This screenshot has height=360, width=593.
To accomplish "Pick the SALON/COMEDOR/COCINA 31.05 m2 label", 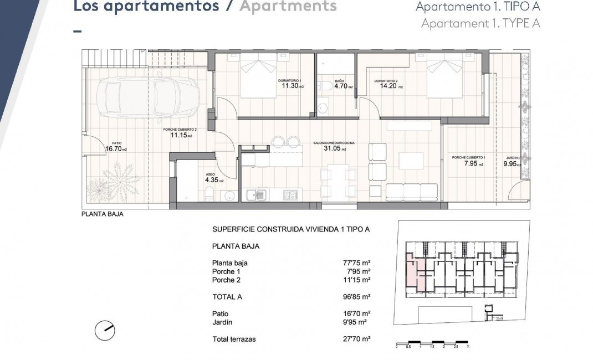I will point(334,147).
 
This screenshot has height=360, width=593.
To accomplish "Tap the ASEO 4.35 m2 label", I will point(214,179).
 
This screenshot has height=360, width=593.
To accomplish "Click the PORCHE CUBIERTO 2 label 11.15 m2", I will point(181,133).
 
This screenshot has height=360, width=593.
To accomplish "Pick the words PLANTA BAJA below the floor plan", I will point(102,214).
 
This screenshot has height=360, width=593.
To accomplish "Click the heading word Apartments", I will point(288,6).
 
